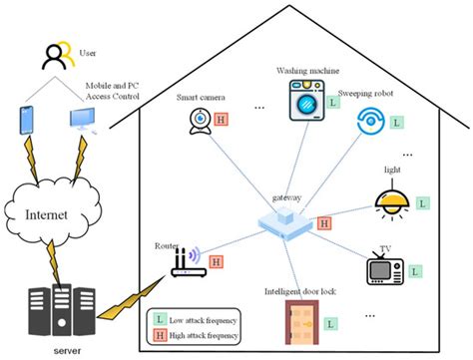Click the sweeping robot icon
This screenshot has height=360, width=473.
tap(371, 122)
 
